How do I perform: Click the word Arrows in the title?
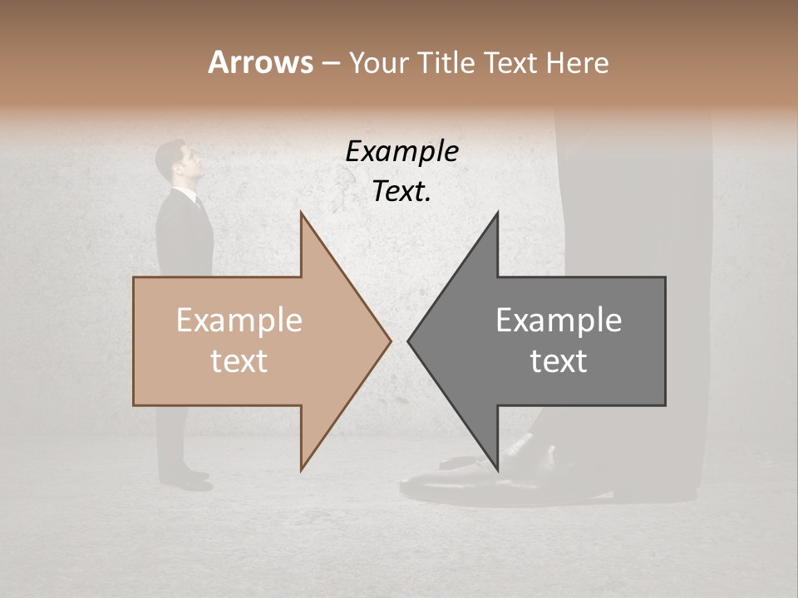261,62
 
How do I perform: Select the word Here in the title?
577,62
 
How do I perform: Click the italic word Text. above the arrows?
401,191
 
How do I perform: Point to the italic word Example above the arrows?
401,152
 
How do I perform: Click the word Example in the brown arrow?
239,321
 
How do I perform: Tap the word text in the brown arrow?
239,361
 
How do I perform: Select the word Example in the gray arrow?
559,321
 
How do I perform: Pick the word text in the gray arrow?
559,361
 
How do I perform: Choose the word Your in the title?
377,62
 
